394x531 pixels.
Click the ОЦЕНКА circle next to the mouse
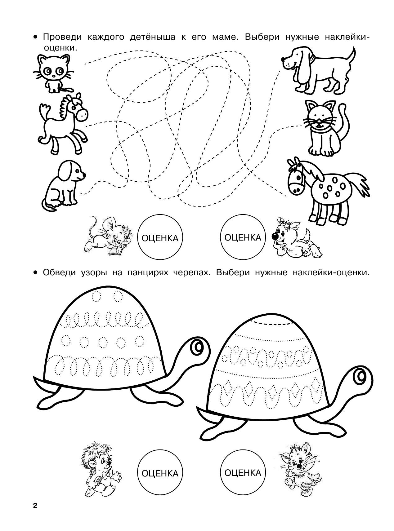160,238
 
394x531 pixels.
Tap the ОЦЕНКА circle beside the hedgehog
160,473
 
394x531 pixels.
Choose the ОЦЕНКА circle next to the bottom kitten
243,473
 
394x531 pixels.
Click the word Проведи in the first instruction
62,37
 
